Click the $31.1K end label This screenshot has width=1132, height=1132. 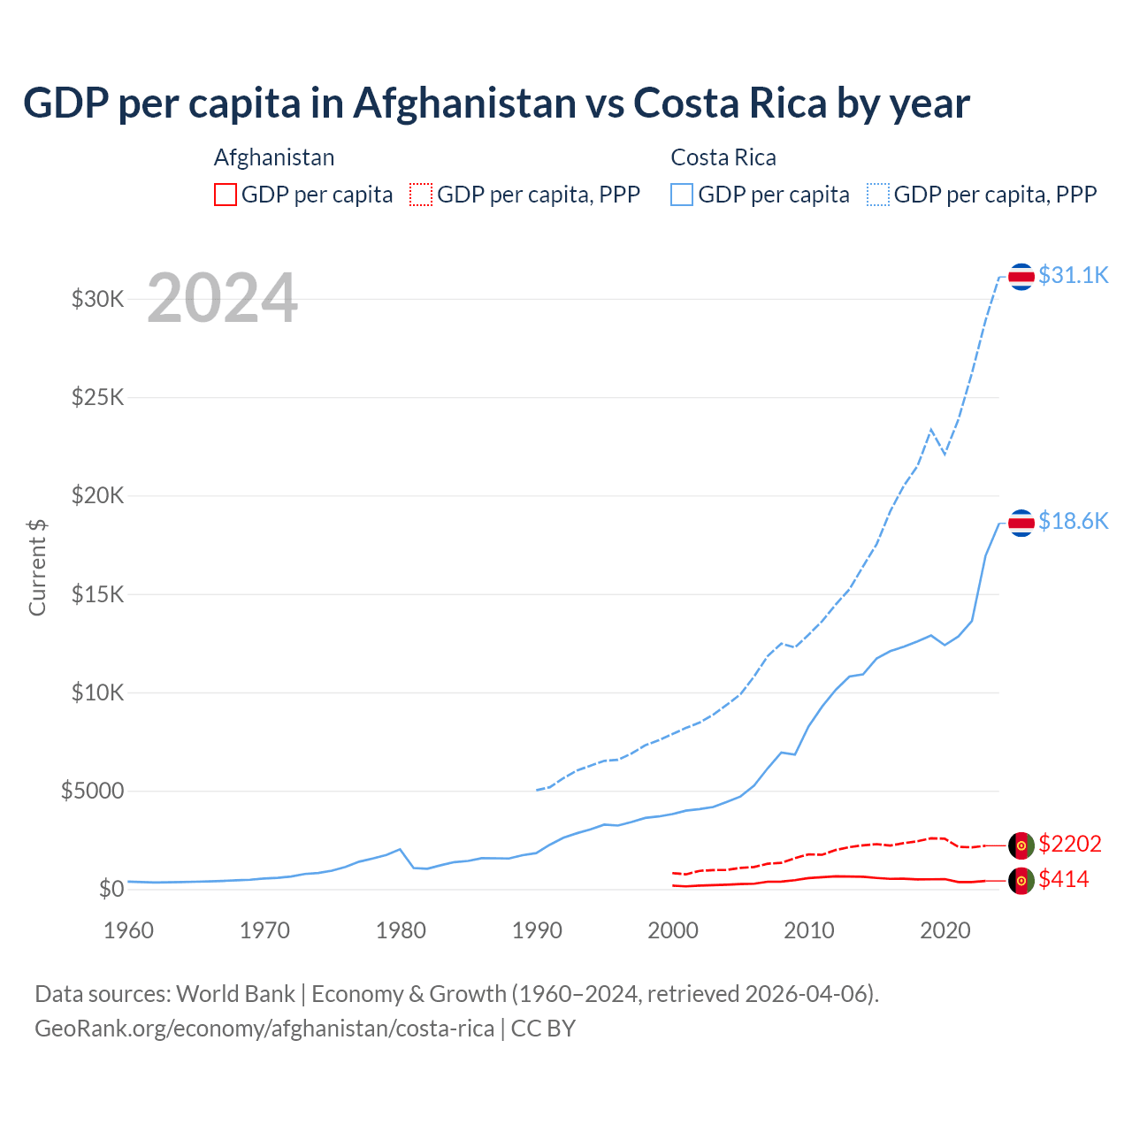pos(1073,275)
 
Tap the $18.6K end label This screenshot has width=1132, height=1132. pos(1073,521)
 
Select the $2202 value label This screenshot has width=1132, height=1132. pos(1070,844)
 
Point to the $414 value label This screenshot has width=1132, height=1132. pos(1064,879)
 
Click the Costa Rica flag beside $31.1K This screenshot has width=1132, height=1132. pos(1021,277)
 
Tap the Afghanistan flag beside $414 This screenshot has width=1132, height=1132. pos(1021,881)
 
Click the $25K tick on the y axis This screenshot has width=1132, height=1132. pos(98,396)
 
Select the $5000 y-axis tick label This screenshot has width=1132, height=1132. pos(92,791)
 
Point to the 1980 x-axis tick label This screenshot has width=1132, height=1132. pos(401,930)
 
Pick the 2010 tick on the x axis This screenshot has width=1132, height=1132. pos(809,930)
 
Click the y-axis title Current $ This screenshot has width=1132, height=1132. pos(37,567)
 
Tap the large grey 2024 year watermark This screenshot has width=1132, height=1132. pos(222,298)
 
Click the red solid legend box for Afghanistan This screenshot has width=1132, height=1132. pos(226,195)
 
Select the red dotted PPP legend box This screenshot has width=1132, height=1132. pos(421,195)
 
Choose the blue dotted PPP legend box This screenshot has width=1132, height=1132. pos(878,195)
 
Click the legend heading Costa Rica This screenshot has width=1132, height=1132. pos(723,157)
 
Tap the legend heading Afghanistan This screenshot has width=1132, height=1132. pos(274,157)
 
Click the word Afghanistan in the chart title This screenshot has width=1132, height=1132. pos(465,103)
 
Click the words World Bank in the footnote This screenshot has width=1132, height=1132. pos(235,994)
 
